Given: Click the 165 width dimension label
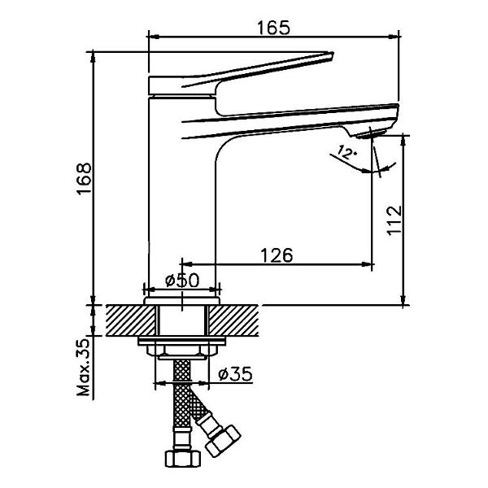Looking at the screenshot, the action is click(x=274, y=28).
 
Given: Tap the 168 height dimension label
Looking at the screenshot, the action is click(x=85, y=178).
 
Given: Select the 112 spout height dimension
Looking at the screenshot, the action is click(x=394, y=220).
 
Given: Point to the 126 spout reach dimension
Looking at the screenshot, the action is click(x=277, y=255).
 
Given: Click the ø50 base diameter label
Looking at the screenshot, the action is click(x=182, y=281).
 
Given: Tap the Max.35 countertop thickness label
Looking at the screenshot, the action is click(x=83, y=368).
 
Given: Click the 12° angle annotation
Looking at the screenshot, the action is click(x=346, y=152).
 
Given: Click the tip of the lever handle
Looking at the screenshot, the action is click(x=332, y=54).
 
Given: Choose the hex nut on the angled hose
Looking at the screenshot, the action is click(x=223, y=441).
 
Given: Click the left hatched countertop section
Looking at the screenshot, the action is click(x=131, y=320).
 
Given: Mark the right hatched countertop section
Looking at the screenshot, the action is click(x=233, y=320).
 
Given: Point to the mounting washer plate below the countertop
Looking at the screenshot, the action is click(x=182, y=341).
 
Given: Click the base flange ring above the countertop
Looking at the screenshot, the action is click(x=182, y=300).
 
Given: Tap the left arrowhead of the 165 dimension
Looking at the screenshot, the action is click(x=153, y=37).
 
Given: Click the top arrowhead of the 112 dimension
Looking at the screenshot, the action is click(x=403, y=141).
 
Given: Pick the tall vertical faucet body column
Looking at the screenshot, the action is click(x=182, y=196).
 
